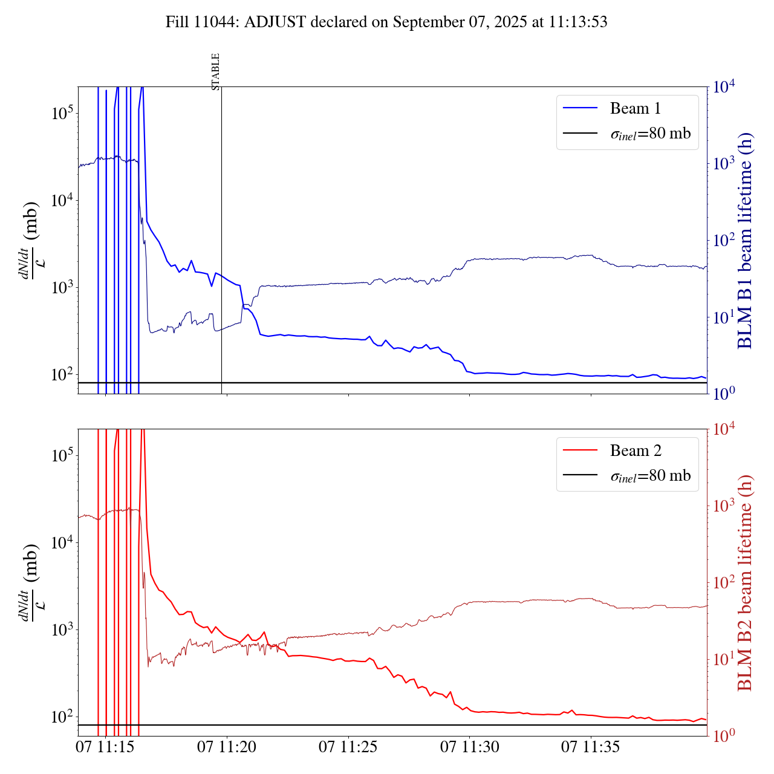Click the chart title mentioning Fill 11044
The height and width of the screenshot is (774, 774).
tap(386, 22)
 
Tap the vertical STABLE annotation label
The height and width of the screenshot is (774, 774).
tap(216, 72)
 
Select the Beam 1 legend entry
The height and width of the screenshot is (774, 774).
tap(635, 109)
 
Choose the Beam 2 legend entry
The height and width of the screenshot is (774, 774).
tap(635, 451)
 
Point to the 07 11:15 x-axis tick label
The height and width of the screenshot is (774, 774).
tap(105, 747)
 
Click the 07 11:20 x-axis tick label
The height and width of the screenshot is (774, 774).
tap(227, 747)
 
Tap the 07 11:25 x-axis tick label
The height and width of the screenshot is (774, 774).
tap(348, 747)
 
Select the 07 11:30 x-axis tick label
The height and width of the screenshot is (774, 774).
tap(470, 747)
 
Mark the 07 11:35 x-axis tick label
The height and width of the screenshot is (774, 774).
tap(591, 747)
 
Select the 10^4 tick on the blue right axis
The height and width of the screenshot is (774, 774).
tap(724, 87)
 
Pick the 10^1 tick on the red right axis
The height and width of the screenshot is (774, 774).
tap(724, 659)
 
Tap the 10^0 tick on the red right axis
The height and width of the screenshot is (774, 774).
tap(724, 736)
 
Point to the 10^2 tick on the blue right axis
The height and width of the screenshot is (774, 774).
tap(724, 241)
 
